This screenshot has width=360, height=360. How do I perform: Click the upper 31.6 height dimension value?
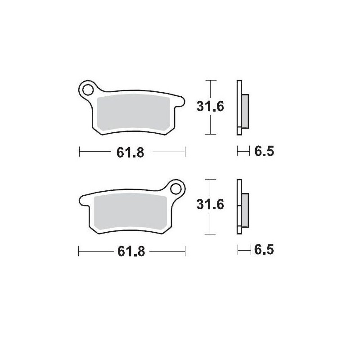[x=210, y=107]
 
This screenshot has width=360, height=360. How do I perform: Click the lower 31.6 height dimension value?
[x=210, y=206]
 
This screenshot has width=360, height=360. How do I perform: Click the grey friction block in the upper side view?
[x=245, y=111]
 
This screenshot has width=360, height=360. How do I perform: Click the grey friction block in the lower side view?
[x=245, y=210]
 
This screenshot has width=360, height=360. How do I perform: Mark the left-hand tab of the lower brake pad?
[x=84, y=201]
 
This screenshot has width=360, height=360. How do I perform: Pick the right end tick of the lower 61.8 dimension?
[x=185, y=252]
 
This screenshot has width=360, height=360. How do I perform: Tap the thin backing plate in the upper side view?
[x=239, y=108]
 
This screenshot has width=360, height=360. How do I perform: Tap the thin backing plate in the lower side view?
[x=239, y=207]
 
